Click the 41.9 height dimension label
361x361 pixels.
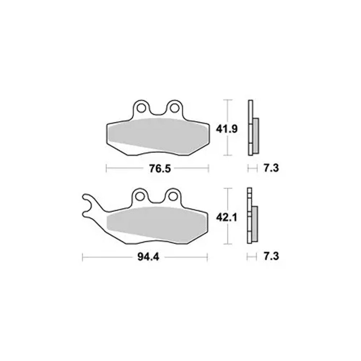pyautogui.click(x=227, y=129)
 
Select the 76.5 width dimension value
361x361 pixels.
pyautogui.click(x=160, y=169)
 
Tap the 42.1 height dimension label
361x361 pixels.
pyautogui.click(x=227, y=217)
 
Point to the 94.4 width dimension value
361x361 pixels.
pyautogui.click(x=148, y=257)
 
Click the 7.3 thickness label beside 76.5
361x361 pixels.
pyautogui.click(x=271, y=168)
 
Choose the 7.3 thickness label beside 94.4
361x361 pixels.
pyautogui.click(x=271, y=256)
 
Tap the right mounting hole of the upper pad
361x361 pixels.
pyautogui.click(x=174, y=108)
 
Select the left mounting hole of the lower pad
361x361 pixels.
pyautogui.click(x=140, y=196)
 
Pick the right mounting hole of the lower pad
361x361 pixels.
pyautogui.click(x=173, y=196)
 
